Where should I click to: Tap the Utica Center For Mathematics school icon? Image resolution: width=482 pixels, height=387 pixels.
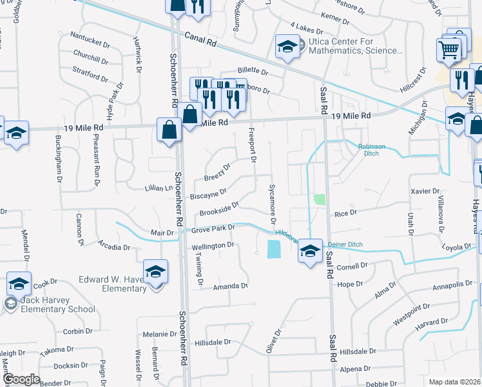285,46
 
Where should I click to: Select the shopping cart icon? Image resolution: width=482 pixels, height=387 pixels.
448,49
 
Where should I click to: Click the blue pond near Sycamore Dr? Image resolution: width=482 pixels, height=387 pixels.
273,248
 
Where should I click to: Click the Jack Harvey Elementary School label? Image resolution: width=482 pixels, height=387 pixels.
57,304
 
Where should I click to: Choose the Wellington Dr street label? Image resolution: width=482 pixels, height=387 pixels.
213,246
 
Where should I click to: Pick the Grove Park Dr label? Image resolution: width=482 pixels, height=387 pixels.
211,228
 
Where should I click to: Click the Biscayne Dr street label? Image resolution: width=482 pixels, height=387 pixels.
208,193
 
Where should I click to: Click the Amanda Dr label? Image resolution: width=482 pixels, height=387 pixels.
231,286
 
